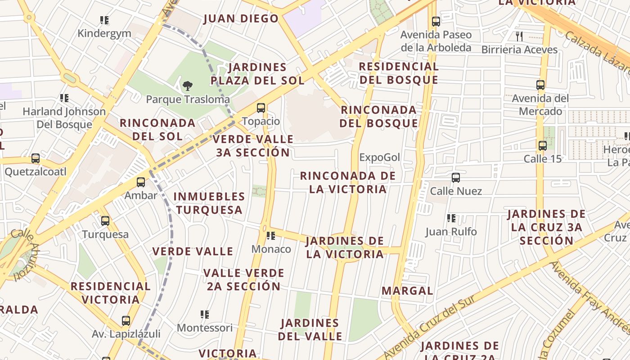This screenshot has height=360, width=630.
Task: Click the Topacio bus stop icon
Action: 261,108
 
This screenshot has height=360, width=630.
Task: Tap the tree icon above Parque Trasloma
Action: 188,85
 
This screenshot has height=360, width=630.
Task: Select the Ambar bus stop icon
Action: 141,182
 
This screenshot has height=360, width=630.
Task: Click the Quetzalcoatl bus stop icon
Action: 36,158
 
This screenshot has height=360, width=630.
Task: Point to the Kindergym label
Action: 104,33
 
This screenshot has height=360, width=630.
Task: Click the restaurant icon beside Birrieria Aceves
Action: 519,36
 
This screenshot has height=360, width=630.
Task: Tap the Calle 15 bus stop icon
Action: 543,145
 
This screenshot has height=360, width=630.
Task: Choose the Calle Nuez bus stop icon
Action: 456,178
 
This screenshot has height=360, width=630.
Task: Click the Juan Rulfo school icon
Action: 451,218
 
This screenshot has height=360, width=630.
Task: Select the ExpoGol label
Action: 380,157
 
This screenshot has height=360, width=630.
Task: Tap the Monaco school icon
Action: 271,235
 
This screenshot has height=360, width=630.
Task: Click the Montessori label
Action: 205,328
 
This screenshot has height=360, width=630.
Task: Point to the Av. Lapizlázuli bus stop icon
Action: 126,321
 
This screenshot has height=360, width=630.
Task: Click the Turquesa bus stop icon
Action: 105,221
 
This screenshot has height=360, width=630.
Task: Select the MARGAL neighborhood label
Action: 407,291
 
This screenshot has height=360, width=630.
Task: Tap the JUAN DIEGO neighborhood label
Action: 241,19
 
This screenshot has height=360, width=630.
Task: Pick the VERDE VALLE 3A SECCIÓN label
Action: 253,146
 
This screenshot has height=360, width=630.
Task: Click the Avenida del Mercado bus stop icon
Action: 540,85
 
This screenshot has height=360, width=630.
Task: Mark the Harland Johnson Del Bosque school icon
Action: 64,98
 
